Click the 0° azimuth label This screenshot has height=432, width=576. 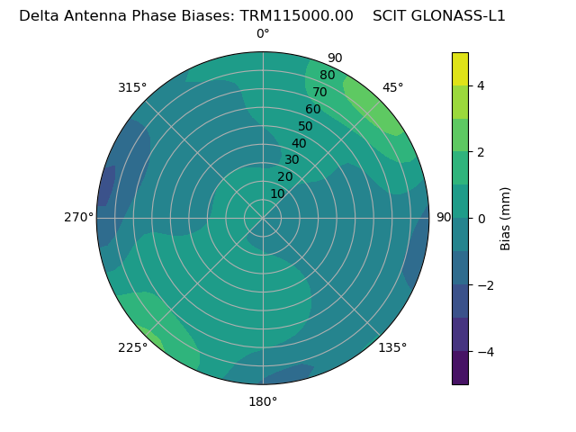tap(263, 34)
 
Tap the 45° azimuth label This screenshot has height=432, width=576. tap(393, 87)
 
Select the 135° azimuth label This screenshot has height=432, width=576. tap(392, 347)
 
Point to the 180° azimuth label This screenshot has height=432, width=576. tap(263, 401)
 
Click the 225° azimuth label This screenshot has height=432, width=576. tap(132, 348)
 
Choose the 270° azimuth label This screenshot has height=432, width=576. tap(78, 217)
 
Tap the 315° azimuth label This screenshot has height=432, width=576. tap(132, 87)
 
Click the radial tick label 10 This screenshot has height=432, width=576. tap(277, 193)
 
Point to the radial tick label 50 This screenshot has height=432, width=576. tap(305, 127)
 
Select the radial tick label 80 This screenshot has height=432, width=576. tap(327, 76)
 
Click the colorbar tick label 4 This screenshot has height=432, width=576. tap(481, 85)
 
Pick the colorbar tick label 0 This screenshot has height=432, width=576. tap(481, 219)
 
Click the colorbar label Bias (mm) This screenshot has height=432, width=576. tap(506, 219)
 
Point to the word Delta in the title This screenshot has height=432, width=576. tap(39, 15)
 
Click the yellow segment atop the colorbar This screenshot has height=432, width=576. tap(460, 68)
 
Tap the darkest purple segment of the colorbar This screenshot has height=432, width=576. tap(460, 367)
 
